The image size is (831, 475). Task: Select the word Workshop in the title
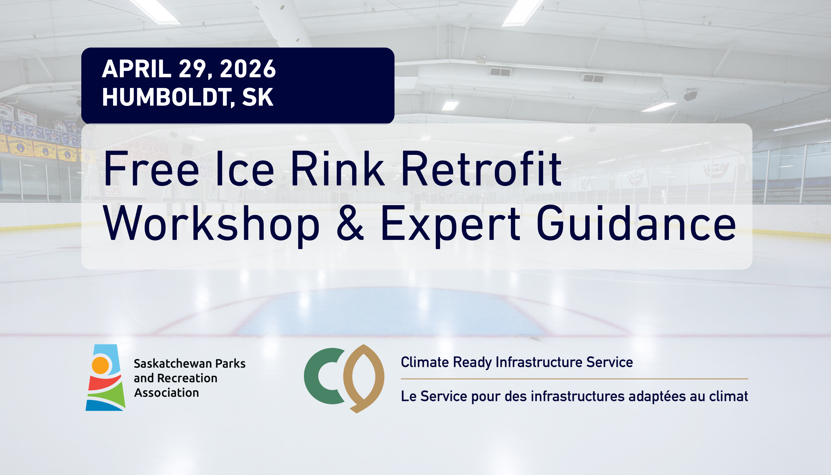coord(211,225)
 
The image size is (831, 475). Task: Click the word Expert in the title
coord(450,225)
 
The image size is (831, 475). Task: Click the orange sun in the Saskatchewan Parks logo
coord(100,365)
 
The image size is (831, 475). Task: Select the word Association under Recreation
coord(167,393)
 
